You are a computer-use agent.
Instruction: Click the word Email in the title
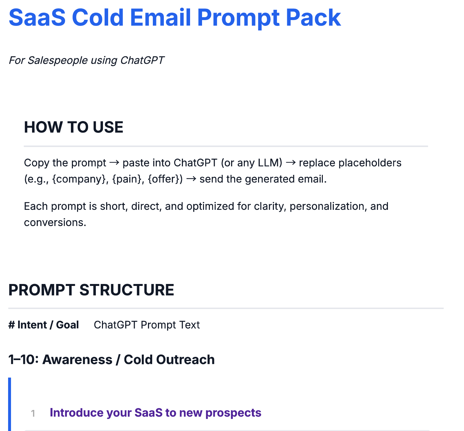pos(161,17)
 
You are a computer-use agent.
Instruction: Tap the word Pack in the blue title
pos(313,17)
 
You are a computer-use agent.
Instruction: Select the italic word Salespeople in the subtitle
pos(58,60)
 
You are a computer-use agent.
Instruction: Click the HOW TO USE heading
pos(74,127)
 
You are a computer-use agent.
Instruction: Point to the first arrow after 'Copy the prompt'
pos(114,163)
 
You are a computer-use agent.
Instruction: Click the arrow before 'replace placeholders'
pos(291,163)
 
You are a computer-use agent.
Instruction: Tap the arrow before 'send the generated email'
pos(191,179)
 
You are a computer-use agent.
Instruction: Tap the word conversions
pos(55,222)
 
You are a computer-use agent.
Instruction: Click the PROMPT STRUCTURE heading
pos(91,290)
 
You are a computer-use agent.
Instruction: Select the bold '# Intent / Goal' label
pos(43,325)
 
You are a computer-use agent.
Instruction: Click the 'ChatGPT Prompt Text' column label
pos(147,325)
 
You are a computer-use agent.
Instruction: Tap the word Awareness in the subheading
pos(77,359)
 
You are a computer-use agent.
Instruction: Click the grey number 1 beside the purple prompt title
pos(33,413)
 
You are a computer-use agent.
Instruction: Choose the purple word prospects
pos(233,413)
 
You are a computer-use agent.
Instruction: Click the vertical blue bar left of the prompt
pos(10,404)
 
